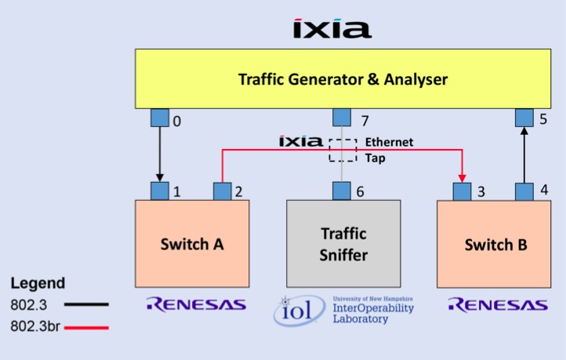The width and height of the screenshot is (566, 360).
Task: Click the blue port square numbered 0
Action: tap(160, 118)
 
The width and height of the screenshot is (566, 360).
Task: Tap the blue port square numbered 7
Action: tap(342, 118)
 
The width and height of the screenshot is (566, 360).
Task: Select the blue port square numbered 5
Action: tap(524, 118)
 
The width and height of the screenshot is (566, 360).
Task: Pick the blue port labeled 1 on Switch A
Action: tap(160, 191)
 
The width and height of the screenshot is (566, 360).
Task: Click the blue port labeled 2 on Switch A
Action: tap(223, 191)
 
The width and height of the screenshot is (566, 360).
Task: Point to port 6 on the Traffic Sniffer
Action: tap(342, 191)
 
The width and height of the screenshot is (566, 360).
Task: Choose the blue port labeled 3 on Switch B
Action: tap(462, 191)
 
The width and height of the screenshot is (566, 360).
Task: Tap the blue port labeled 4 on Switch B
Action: tap(524, 191)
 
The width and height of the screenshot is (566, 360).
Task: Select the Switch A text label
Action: tap(192, 245)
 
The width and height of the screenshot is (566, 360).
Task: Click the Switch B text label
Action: tap(495, 245)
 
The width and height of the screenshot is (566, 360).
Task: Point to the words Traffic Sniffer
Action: tap(343, 245)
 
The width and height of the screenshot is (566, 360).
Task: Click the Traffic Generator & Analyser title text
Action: tap(343, 79)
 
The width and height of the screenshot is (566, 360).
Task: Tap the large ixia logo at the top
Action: tap(332, 28)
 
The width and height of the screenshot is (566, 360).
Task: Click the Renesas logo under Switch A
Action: tap(196, 304)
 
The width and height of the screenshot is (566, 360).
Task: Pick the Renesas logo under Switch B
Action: tap(498, 305)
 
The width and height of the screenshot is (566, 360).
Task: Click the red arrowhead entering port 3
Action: tap(462, 178)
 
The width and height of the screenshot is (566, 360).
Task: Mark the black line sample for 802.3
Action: tap(86, 304)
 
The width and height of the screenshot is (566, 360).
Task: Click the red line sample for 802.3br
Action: tap(86, 328)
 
